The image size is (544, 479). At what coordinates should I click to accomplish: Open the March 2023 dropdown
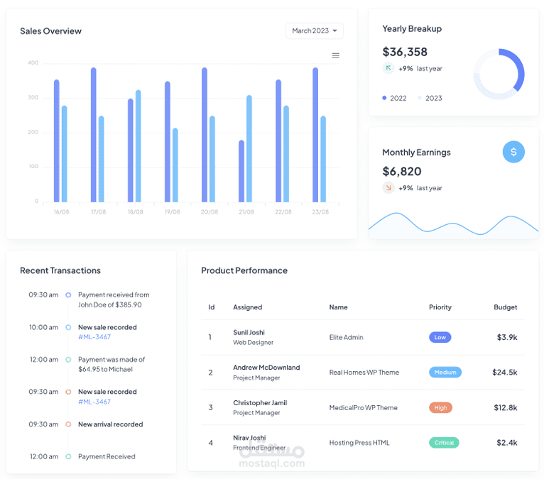[x=315, y=31]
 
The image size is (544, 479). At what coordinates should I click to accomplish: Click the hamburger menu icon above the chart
[x=335, y=55]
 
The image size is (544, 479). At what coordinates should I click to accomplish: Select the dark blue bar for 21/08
[x=241, y=171]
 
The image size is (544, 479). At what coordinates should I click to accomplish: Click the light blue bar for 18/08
[x=138, y=146]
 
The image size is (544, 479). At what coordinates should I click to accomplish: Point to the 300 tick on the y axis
[x=33, y=97]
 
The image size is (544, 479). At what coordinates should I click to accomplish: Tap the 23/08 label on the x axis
[x=320, y=211]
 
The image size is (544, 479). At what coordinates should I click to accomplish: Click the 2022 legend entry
[x=394, y=98]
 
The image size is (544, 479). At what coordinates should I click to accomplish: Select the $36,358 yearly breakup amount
[x=405, y=52]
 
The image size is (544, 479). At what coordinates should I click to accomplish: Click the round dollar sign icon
[x=513, y=152]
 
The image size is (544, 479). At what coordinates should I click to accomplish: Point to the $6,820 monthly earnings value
[x=402, y=171]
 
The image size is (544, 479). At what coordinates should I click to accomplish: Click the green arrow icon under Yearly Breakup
[x=388, y=68]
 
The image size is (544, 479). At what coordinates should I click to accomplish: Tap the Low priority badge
[x=440, y=337]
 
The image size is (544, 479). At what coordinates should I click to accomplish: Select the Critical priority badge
[x=444, y=443]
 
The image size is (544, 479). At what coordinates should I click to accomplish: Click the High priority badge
[x=440, y=407]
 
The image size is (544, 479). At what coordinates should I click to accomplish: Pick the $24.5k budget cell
[x=505, y=373]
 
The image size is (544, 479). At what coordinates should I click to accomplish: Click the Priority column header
[x=440, y=307]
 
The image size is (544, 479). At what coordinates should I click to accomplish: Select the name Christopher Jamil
[x=260, y=403]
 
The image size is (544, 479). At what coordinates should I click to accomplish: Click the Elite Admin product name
[x=347, y=337]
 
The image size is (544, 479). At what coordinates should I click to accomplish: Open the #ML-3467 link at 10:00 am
[x=94, y=337]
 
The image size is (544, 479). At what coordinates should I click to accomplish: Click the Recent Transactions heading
[x=60, y=270]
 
